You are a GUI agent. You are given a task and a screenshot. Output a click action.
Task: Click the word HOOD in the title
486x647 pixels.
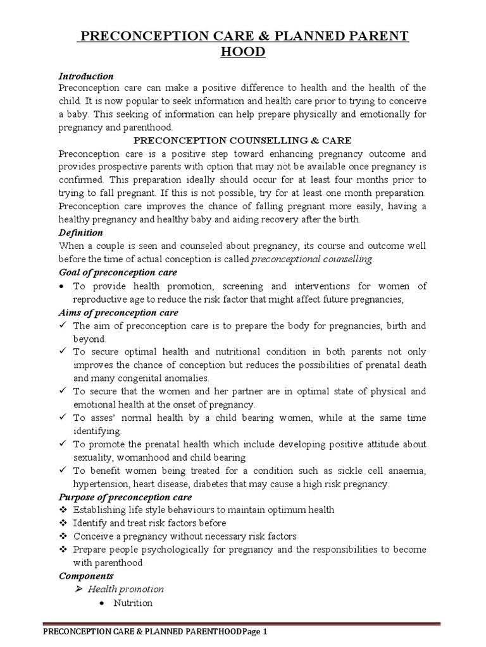(x=242, y=51)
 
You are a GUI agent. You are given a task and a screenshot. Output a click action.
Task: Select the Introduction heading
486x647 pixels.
(x=85, y=76)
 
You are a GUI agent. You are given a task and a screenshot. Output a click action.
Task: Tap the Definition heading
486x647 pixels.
(x=80, y=233)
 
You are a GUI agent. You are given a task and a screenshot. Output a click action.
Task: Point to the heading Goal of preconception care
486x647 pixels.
(x=118, y=272)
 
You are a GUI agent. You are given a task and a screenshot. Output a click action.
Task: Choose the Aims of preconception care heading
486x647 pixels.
(x=118, y=312)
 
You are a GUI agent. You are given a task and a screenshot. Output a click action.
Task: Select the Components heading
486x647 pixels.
(x=85, y=576)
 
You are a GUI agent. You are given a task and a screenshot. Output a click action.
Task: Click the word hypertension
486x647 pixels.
(x=102, y=484)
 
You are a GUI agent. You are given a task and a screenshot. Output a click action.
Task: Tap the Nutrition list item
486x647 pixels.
(x=133, y=603)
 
